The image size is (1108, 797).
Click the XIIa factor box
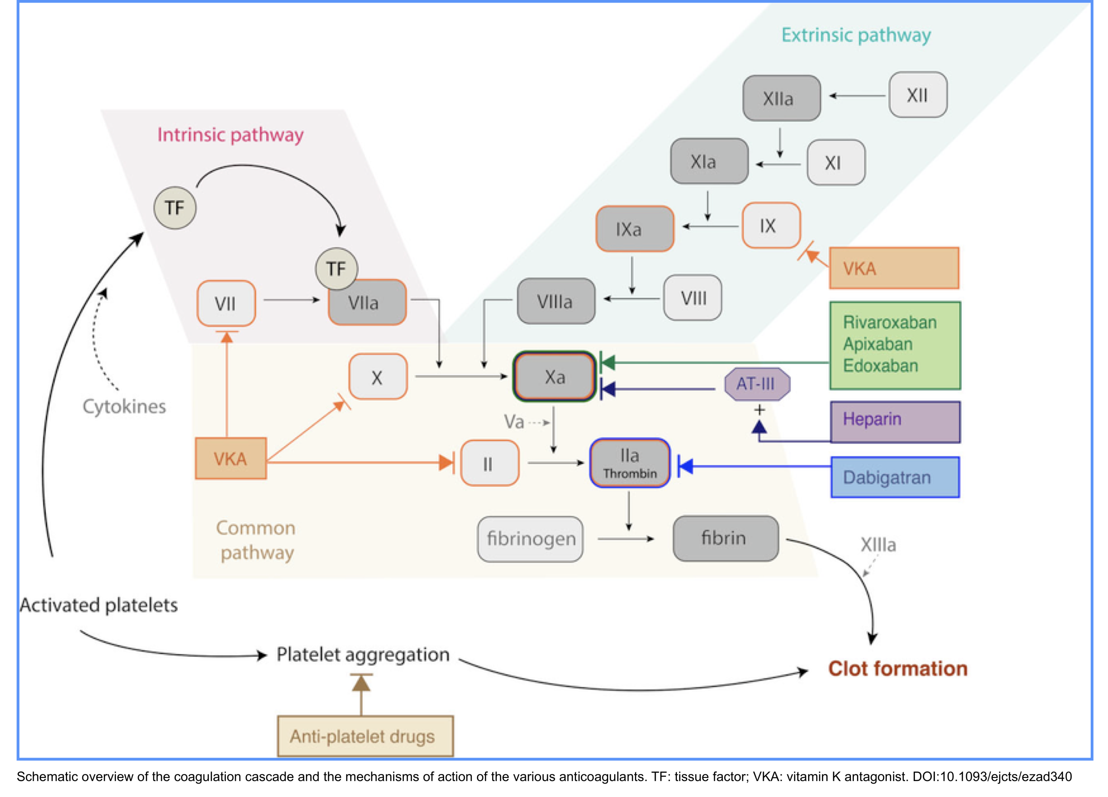coord(781,98)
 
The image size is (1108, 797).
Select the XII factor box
coord(918,95)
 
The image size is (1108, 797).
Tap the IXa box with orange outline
coord(635,229)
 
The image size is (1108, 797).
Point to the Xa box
coord(554,377)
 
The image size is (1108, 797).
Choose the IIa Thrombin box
coord(630,463)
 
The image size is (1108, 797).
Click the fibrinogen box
coord(531,539)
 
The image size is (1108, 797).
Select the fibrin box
coord(725,538)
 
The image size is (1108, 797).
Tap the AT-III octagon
coord(756,384)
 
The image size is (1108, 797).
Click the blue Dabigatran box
coord(895,478)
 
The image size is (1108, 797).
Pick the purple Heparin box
coord(895,422)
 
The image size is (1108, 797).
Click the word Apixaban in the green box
coord(877,344)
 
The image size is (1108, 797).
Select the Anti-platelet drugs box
coord(365,736)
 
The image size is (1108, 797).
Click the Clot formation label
coord(898,668)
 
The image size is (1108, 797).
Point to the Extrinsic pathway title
coord(856,35)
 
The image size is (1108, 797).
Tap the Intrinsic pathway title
coord(230,135)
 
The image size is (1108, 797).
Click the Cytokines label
coord(124,407)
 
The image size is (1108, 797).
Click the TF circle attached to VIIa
coord(337,269)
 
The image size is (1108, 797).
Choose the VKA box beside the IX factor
coord(893,268)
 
